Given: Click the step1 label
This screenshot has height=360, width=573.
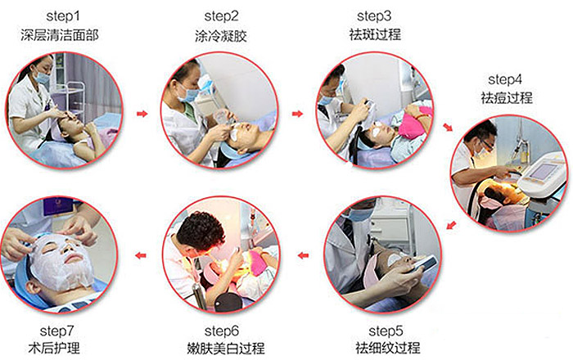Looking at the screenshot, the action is [62, 16].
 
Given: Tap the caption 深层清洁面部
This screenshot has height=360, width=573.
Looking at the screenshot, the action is [60, 35].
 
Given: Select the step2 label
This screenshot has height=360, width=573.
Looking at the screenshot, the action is [221, 16].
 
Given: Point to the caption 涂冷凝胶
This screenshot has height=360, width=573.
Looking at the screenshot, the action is [221, 36].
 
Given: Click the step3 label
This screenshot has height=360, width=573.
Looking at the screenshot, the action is [374, 16].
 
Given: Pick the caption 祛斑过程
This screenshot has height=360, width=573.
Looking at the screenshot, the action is [375, 34].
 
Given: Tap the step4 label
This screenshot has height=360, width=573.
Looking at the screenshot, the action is [505, 79].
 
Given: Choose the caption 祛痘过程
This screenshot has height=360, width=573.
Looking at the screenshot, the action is [507, 97].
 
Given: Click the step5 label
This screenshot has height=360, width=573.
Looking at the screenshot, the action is [386, 331].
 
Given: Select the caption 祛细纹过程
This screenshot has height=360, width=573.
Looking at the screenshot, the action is [388, 347].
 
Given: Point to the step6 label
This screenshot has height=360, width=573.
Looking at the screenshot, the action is [222, 331].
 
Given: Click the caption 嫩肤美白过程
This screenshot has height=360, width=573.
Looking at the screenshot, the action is [225, 348].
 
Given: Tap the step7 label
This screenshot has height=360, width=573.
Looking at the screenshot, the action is [57, 331].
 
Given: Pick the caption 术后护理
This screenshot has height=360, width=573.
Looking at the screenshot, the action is [54, 348].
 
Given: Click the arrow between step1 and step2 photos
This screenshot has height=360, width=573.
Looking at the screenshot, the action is [142, 114].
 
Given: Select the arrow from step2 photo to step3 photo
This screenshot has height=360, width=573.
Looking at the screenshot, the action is [297, 114].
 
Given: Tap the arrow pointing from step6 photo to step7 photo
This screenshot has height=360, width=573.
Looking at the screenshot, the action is [141, 255].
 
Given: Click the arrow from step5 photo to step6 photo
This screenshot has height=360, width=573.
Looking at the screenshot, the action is [303, 255].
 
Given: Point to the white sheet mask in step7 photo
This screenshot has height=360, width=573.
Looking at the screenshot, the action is [62, 261].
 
